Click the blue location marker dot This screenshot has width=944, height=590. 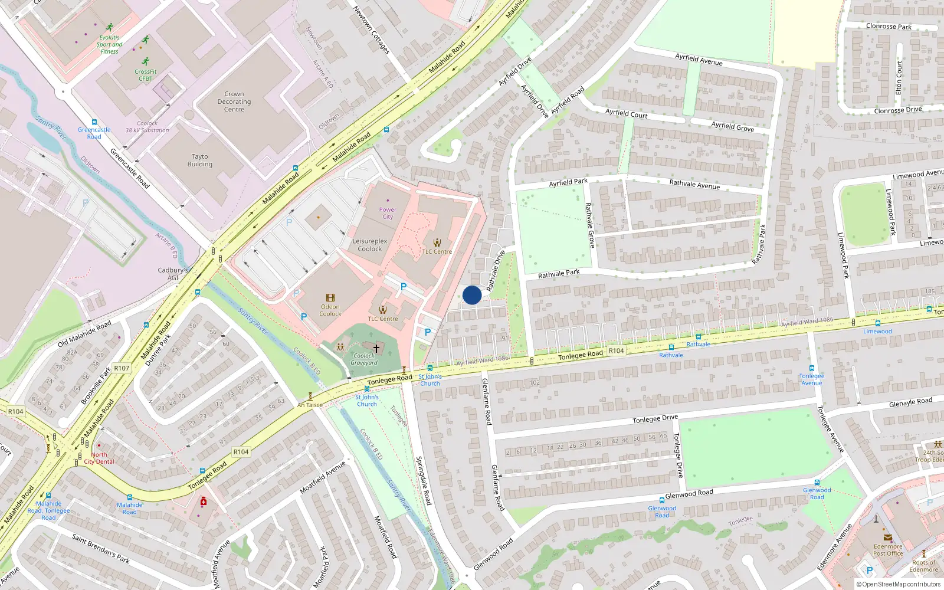click(x=472, y=295)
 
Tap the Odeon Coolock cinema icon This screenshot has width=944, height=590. click(x=330, y=298)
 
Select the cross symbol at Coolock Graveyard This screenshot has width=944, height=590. click(x=376, y=348)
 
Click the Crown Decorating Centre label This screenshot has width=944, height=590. click(x=234, y=101)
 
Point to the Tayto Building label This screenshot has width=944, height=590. click(x=200, y=160)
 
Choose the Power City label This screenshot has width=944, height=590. click(x=388, y=213)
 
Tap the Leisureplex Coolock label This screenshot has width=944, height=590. click(x=370, y=245)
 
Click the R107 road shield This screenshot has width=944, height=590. click(x=122, y=368)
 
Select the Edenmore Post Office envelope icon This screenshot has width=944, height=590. click(x=888, y=537)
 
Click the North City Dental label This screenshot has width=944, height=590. click(x=99, y=458)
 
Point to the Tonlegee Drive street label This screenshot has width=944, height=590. click(x=655, y=419)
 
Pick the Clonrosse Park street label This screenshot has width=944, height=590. click(x=889, y=26)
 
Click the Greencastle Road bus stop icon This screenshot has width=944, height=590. click(x=94, y=122)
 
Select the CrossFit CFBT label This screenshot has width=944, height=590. click(x=145, y=75)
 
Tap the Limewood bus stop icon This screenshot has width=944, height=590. click(x=877, y=323)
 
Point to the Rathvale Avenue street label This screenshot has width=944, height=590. click(x=694, y=185)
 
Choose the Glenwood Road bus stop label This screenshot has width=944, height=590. click(x=662, y=512)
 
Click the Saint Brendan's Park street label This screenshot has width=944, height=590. click(x=100, y=548)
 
